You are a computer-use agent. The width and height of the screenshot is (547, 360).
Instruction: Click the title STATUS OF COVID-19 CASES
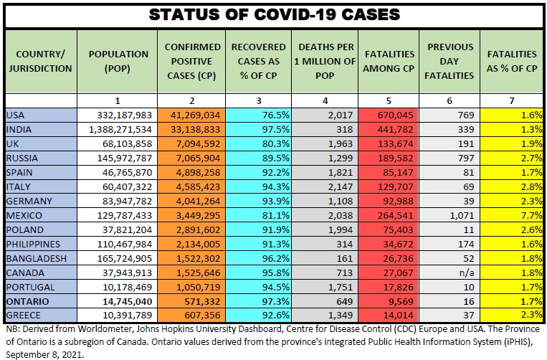[x=273, y=14]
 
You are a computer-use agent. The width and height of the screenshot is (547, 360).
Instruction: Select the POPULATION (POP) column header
[x=118, y=61]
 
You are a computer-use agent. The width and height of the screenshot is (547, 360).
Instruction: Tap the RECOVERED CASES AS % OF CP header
[x=259, y=61]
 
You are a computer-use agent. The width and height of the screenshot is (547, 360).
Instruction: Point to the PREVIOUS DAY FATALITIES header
[x=450, y=61]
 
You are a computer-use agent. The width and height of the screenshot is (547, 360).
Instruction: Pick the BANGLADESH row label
[x=36, y=258]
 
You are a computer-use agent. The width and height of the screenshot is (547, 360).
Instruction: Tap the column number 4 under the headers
[x=325, y=100]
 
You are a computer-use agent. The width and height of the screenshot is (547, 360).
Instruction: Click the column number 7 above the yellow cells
[x=511, y=100]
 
